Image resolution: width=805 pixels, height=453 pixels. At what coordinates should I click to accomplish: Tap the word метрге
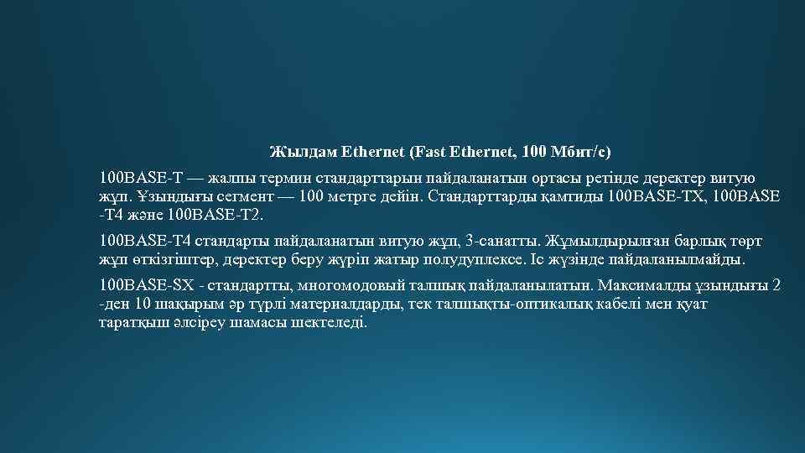tap(343, 197)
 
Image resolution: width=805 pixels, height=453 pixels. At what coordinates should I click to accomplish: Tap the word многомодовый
tap(326, 285)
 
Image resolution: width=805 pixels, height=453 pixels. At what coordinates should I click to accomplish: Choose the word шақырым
tap(194, 304)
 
